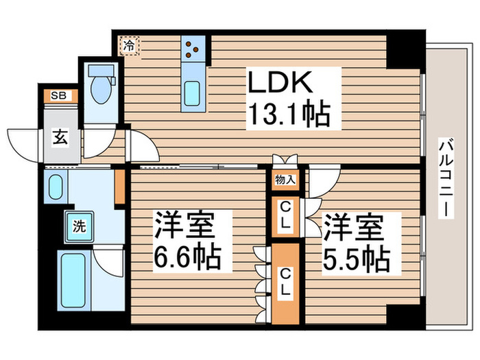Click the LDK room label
(282, 84)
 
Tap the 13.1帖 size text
(289, 114)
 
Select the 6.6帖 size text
(187, 258)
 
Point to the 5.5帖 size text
(357, 259)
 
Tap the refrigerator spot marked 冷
(129, 47)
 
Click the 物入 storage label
(285, 180)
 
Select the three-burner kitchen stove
(193, 49)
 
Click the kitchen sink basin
(192, 92)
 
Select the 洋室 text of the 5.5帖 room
(352, 227)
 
